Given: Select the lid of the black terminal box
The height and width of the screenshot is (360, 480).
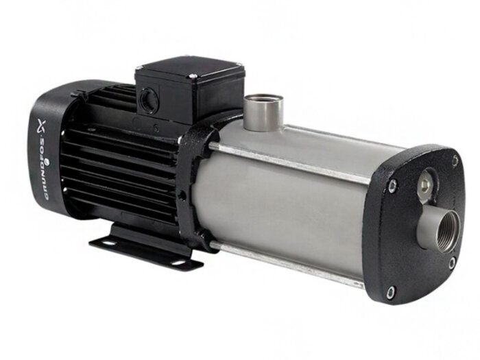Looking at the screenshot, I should coord(189,69).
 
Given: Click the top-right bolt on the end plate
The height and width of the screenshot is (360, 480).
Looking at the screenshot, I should coord(455,161).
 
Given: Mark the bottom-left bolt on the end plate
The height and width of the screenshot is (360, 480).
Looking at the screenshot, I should coord(390,293).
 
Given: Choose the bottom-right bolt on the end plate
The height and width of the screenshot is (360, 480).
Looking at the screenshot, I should coord(452,262).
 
